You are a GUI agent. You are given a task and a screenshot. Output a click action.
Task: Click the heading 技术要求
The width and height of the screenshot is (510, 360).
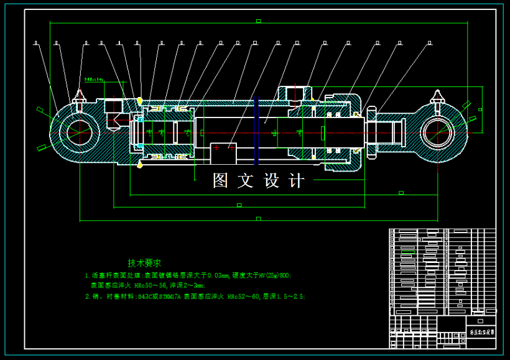click(144, 263)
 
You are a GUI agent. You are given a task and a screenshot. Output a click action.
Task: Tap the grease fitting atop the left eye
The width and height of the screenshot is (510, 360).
click(79, 97)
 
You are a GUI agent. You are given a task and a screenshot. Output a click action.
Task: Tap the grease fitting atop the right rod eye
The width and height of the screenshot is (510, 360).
click(437, 98)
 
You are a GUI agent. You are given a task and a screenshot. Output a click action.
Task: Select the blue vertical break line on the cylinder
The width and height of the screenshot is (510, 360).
click(254, 132)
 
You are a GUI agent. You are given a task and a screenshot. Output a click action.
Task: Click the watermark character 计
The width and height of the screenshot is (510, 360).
click(297, 181)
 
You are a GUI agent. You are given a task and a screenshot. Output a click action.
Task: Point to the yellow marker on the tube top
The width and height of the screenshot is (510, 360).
click(139, 100)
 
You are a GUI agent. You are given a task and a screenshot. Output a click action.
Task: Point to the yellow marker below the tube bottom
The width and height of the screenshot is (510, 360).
click(139, 164)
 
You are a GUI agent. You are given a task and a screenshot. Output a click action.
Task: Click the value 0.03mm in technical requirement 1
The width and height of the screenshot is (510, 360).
click(218, 275)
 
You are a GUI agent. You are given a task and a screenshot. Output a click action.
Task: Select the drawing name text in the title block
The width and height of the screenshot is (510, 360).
click(480, 333)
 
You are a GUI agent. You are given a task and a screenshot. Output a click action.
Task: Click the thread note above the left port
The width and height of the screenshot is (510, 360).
click(94, 80)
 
